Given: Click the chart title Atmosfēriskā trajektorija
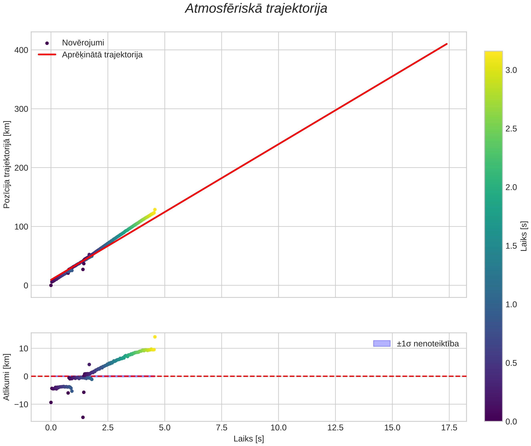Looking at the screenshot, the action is [256, 9].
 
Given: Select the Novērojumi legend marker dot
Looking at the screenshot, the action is [47, 43].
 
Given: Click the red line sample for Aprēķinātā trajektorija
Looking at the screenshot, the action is [47, 55].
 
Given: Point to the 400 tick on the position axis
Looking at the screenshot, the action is [21, 50].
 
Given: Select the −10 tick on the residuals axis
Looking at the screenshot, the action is [21, 404].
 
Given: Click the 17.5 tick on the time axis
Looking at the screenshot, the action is [449, 428].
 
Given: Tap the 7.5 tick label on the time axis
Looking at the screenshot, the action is [222, 428].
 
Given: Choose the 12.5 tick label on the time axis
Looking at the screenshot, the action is [335, 428].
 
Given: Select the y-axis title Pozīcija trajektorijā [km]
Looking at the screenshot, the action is [7, 164].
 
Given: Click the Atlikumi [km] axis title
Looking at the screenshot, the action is [7, 377].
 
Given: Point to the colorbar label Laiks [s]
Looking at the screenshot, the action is [524, 236].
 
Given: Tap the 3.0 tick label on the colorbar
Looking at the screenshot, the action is [511, 70].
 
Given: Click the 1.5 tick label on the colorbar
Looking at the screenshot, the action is [511, 246].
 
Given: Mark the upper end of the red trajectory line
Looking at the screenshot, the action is [447, 44].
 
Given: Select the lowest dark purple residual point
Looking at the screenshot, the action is [83, 417].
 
